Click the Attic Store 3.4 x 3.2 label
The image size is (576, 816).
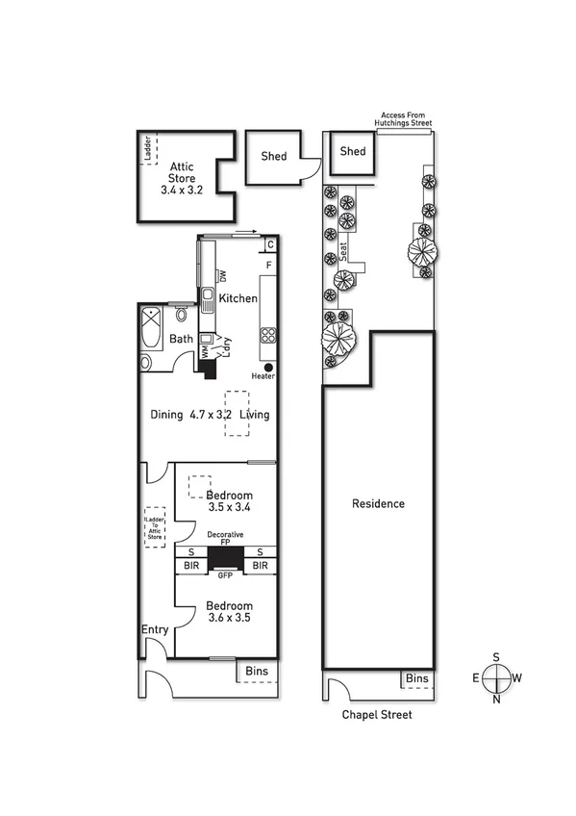tap(183, 178)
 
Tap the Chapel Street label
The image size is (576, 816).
tap(378, 715)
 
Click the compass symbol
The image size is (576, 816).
tap(496, 678)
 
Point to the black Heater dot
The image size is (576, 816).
tap(267, 367)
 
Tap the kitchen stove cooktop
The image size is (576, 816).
tap(268, 336)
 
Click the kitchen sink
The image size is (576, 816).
tap(207, 295)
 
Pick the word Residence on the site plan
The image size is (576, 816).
tap(378, 503)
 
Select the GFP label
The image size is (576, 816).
tap(227, 574)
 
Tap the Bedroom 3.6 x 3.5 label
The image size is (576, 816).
tap(229, 612)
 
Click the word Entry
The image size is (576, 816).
tap(155, 630)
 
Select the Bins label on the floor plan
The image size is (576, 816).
tap(256, 672)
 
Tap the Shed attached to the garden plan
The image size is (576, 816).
tap(353, 152)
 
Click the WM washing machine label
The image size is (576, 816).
tap(205, 352)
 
